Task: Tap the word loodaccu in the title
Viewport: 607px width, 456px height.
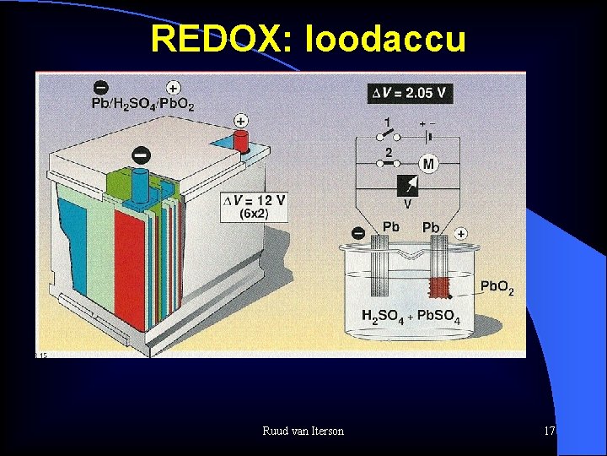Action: tap(387, 38)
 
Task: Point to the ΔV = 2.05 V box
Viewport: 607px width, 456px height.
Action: tap(411, 93)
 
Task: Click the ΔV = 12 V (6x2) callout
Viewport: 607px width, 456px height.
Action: tap(253, 206)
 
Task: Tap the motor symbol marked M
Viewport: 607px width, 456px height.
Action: tap(428, 164)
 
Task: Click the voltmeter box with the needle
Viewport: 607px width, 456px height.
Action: tap(407, 187)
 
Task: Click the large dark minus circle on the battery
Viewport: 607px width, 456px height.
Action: tap(141, 155)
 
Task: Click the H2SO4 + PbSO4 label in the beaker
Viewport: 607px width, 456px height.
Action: tap(411, 317)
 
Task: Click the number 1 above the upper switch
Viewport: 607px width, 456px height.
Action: tap(387, 122)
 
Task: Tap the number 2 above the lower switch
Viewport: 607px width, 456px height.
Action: tap(388, 152)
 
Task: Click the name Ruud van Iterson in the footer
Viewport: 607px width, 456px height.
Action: tap(303, 432)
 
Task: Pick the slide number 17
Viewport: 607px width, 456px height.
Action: tap(550, 432)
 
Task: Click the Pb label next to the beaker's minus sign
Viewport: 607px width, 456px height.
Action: tap(391, 227)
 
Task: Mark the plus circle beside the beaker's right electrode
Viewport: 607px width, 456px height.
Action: tap(460, 233)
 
